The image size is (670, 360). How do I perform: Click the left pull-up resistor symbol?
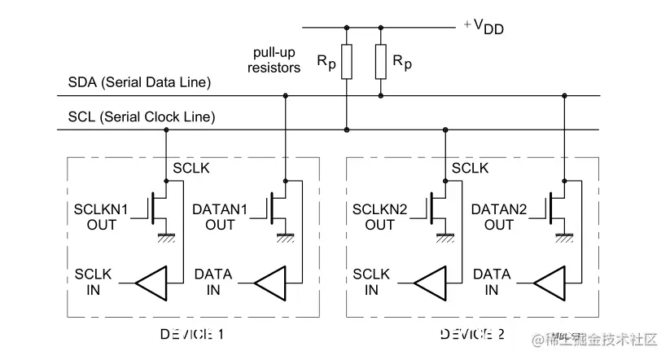347,63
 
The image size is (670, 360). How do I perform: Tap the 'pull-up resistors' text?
274,60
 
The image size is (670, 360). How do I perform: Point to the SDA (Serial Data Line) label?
140,82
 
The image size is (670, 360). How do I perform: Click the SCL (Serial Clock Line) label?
142,117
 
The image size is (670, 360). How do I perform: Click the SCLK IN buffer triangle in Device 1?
151,283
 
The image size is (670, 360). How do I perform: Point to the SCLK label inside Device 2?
470,169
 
